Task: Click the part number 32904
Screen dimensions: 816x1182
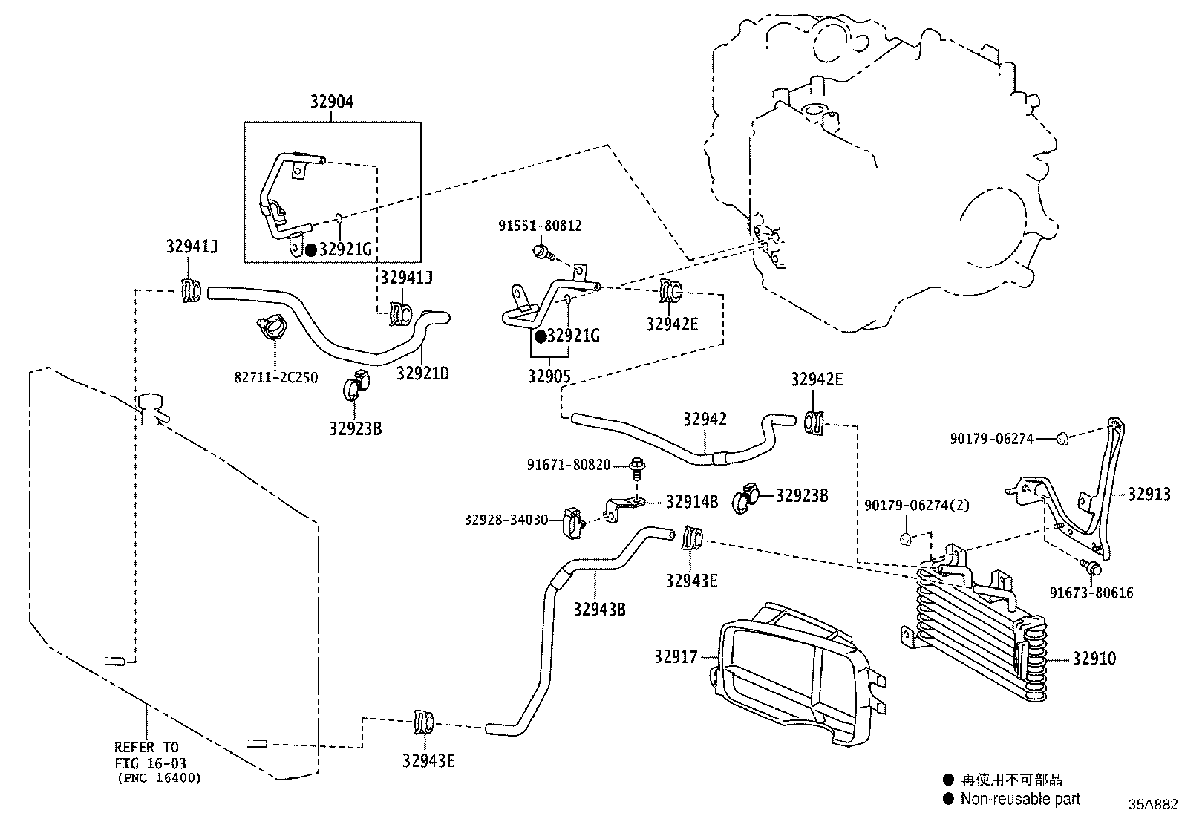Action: tap(332, 102)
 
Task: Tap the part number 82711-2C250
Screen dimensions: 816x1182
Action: tap(275, 377)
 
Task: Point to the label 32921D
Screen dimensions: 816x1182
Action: tap(422, 373)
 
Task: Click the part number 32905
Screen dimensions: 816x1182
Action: tap(549, 376)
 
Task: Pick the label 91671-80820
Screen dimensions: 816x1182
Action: tap(569, 466)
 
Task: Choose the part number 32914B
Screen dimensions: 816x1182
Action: tap(691, 501)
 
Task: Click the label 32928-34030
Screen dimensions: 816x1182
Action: tap(506, 520)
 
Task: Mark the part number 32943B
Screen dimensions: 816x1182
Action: tap(599, 609)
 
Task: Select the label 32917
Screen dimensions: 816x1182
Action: tap(676, 656)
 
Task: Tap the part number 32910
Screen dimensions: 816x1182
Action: tap(1094, 659)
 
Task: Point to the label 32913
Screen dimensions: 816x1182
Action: tap(1149, 495)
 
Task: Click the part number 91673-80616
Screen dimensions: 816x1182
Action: tap(1091, 593)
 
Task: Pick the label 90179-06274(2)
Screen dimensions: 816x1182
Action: tap(917, 506)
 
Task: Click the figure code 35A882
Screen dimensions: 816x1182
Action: tap(1153, 803)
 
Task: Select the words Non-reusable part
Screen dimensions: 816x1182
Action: tap(1020, 799)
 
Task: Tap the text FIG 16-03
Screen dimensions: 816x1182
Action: tap(151, 763)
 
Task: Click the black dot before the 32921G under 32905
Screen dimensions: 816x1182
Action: tap(541, 336)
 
